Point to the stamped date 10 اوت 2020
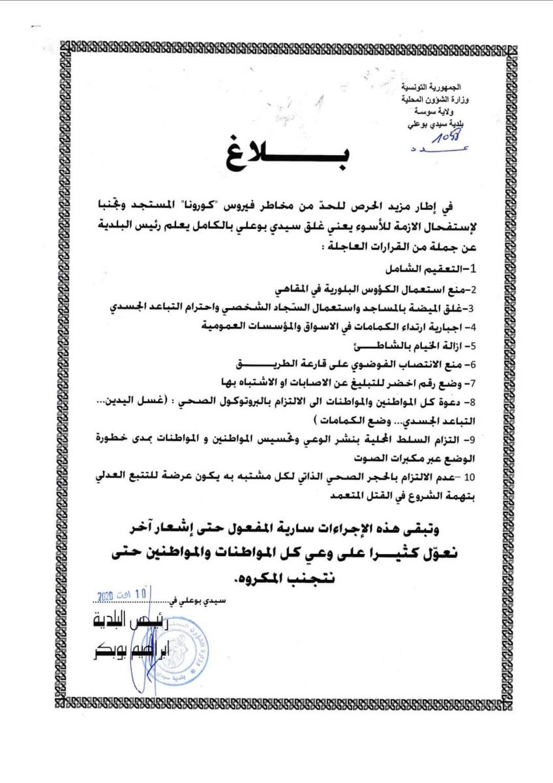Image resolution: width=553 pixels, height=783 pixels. click(x=123, y=596)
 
